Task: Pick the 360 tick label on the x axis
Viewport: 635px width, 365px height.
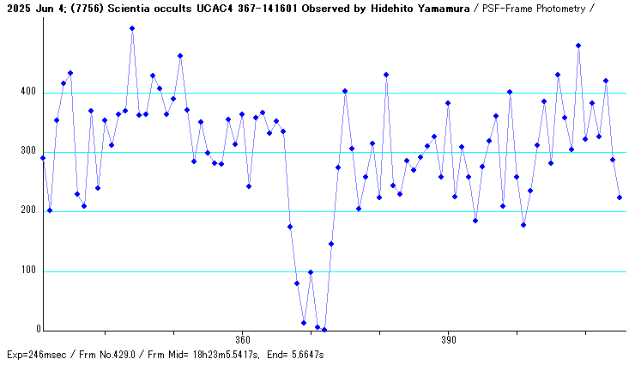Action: click(242, 338)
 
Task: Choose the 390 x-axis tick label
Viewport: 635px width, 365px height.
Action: click(448, 338)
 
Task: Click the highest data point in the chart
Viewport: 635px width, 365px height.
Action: click(132, 28)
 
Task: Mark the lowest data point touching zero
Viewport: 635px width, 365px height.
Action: click(324, 330)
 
